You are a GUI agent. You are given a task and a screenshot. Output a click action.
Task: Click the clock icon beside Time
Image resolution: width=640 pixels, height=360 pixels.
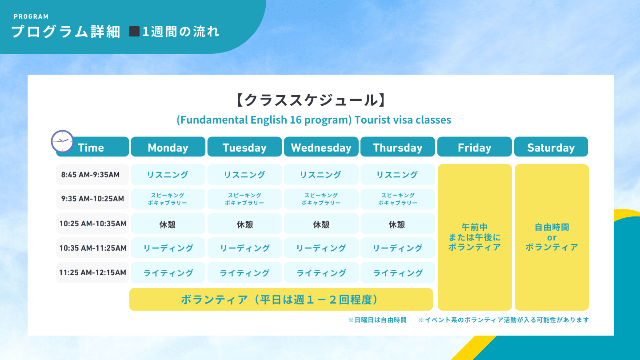[x=62, y=141]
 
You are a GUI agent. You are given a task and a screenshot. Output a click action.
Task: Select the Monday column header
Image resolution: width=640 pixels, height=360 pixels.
[x=168, y=147]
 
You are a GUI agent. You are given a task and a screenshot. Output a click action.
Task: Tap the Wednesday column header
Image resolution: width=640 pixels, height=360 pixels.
[x=321, y=147]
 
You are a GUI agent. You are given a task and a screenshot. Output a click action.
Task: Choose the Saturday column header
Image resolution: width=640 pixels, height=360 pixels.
[x=551, y=147]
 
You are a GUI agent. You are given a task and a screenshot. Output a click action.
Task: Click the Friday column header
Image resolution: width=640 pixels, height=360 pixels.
[x=475, y=147]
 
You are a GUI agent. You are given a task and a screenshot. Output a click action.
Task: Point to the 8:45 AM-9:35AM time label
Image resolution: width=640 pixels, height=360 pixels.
[x=90, y=175]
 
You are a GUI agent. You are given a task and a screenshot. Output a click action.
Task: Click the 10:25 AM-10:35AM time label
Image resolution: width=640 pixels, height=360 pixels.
[x=92, y=224]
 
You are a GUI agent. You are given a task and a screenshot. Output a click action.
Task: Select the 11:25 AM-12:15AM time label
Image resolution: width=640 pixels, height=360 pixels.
[x=92, y=272]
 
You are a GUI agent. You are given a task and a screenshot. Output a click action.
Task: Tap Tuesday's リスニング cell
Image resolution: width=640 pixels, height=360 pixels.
[x=244, y=174]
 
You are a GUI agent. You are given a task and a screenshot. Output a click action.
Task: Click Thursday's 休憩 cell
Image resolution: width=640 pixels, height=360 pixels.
[x=398, y=224]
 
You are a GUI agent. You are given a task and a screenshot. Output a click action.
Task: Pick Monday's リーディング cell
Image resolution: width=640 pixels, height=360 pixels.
[x=168, y=248]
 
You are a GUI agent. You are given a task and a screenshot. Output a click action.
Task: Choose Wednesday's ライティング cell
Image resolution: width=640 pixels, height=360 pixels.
[x=321, y=272]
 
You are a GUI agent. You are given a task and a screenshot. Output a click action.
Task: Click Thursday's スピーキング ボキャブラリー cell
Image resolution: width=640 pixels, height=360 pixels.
[x=398, y=199]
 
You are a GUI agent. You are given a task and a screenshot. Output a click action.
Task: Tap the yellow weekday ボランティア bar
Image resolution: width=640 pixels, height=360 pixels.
[x=281, y=300]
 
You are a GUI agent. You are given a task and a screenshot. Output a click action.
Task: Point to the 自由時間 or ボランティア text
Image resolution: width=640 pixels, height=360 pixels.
[x=552, y=237]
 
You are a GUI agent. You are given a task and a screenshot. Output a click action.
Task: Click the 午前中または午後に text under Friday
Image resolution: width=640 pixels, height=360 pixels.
[x=475, y=232]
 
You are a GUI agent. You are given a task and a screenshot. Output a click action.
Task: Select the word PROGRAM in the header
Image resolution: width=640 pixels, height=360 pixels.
[x=31, y=16]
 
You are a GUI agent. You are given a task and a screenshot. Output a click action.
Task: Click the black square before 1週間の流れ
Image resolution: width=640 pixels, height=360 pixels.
[x=134, y=32]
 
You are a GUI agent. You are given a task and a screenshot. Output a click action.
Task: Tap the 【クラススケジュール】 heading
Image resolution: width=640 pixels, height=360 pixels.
[x=311, y=100]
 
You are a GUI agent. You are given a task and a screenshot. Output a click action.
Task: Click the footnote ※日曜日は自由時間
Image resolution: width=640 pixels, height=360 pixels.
[x=377, y=320]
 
